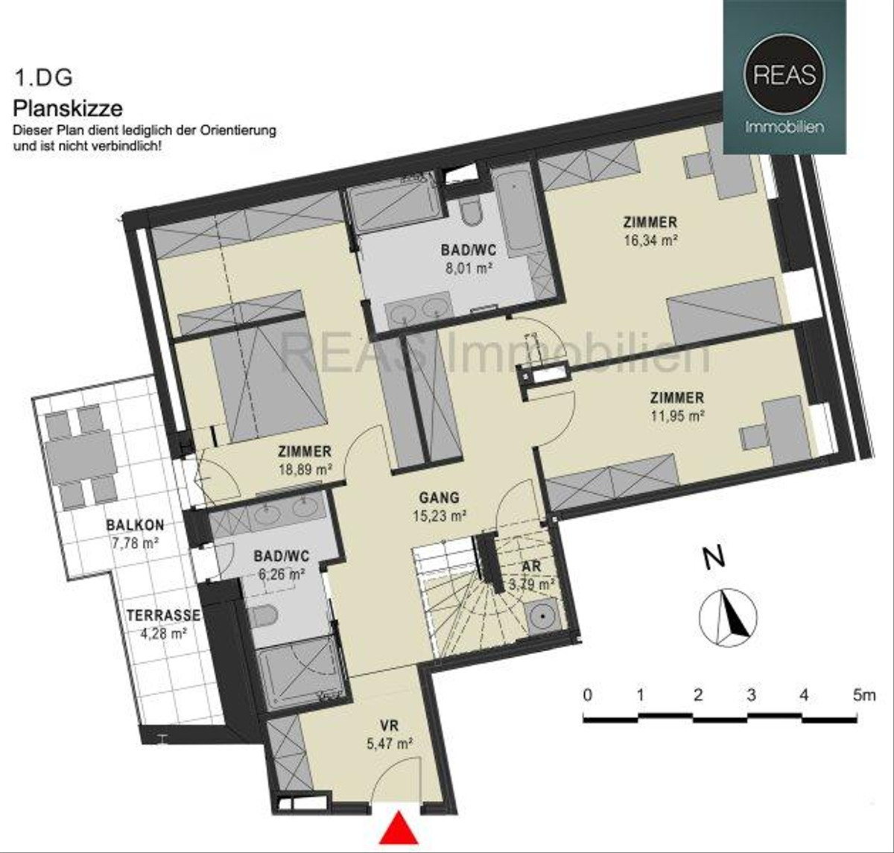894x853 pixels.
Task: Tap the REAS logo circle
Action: tap(784, 74)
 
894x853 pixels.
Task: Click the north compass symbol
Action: tap(728, 617)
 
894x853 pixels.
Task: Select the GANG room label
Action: tap(440, 498)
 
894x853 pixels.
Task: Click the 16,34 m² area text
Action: tap(650, 240)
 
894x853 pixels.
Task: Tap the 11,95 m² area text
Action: tap(677, 416)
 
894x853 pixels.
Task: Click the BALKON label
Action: tap(135, 525)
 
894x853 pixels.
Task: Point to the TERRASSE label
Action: tap(163, 615)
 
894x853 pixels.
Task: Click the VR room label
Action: tap(389, 726)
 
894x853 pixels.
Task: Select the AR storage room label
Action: tap(531, 566)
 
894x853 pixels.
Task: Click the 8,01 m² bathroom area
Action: tap(469, 268)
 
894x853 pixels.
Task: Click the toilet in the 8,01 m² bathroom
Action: tap(470, 213)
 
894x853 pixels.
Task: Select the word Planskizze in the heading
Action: tap(68, 109)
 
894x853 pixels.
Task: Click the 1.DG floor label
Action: tap(44, 77)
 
